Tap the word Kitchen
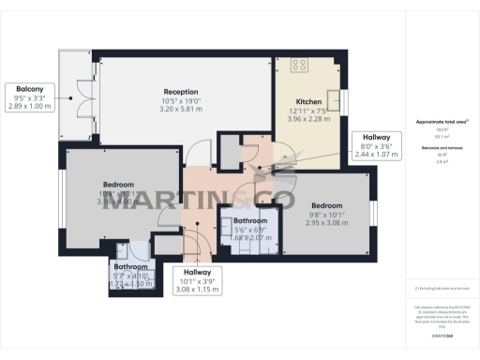(309, 101)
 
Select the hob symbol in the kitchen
(301, 66)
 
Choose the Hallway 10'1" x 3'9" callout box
(197, 281)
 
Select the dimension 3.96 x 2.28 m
(309, 121)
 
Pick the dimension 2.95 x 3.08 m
(326, 224)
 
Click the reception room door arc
(196, 152)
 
